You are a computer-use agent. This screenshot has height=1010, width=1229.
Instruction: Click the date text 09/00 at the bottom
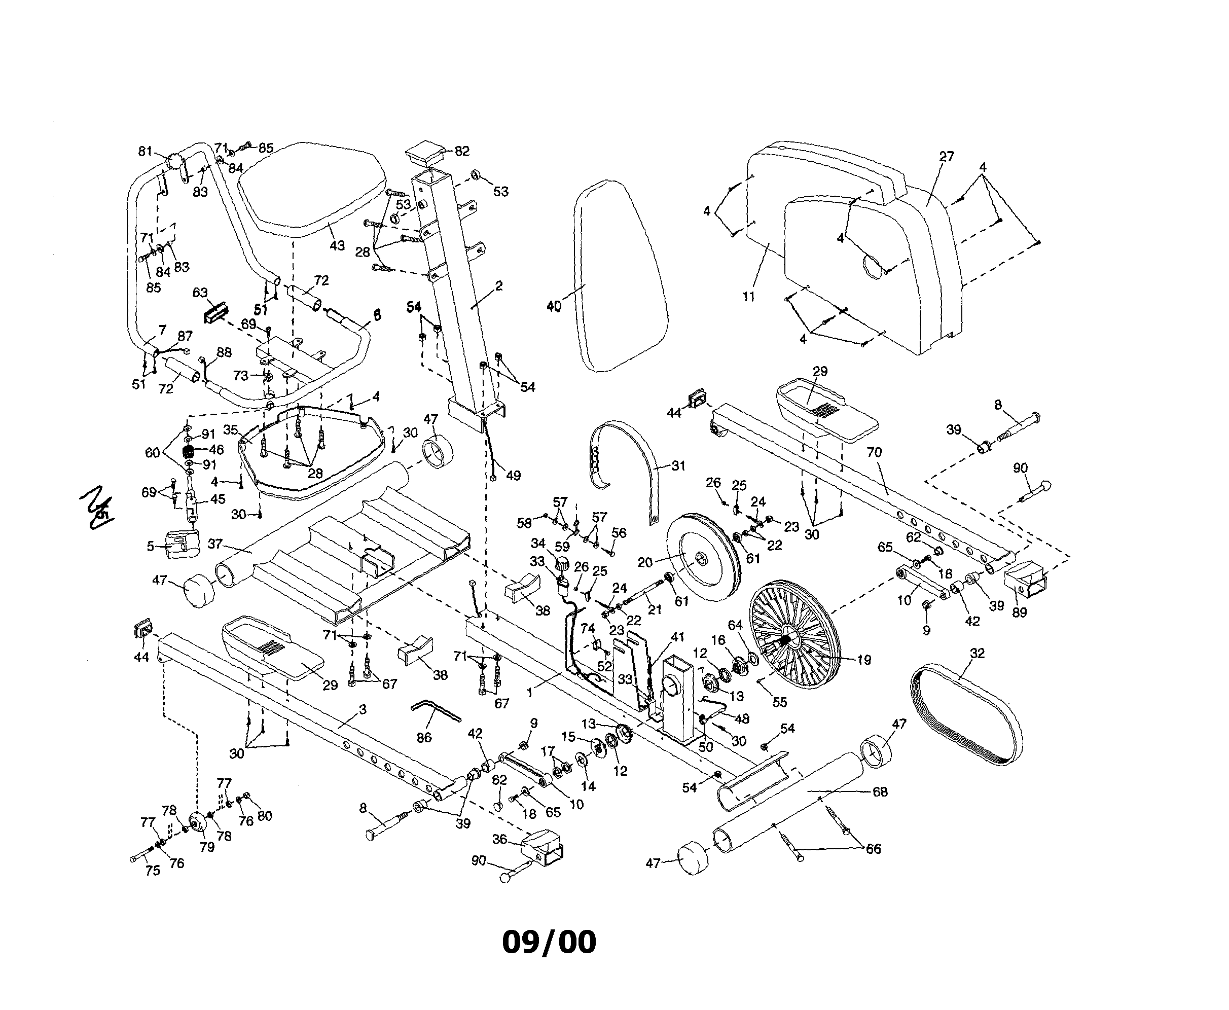point(549,942)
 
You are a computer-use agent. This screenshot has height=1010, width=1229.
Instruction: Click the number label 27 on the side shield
point(946,157)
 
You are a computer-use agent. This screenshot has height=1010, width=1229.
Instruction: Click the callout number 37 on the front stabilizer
point(214,544)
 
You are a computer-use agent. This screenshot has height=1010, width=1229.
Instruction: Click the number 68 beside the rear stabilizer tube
point(880,792)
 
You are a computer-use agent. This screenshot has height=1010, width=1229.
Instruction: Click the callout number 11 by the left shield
point(748,297)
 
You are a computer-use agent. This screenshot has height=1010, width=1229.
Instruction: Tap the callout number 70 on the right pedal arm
point(874,453)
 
